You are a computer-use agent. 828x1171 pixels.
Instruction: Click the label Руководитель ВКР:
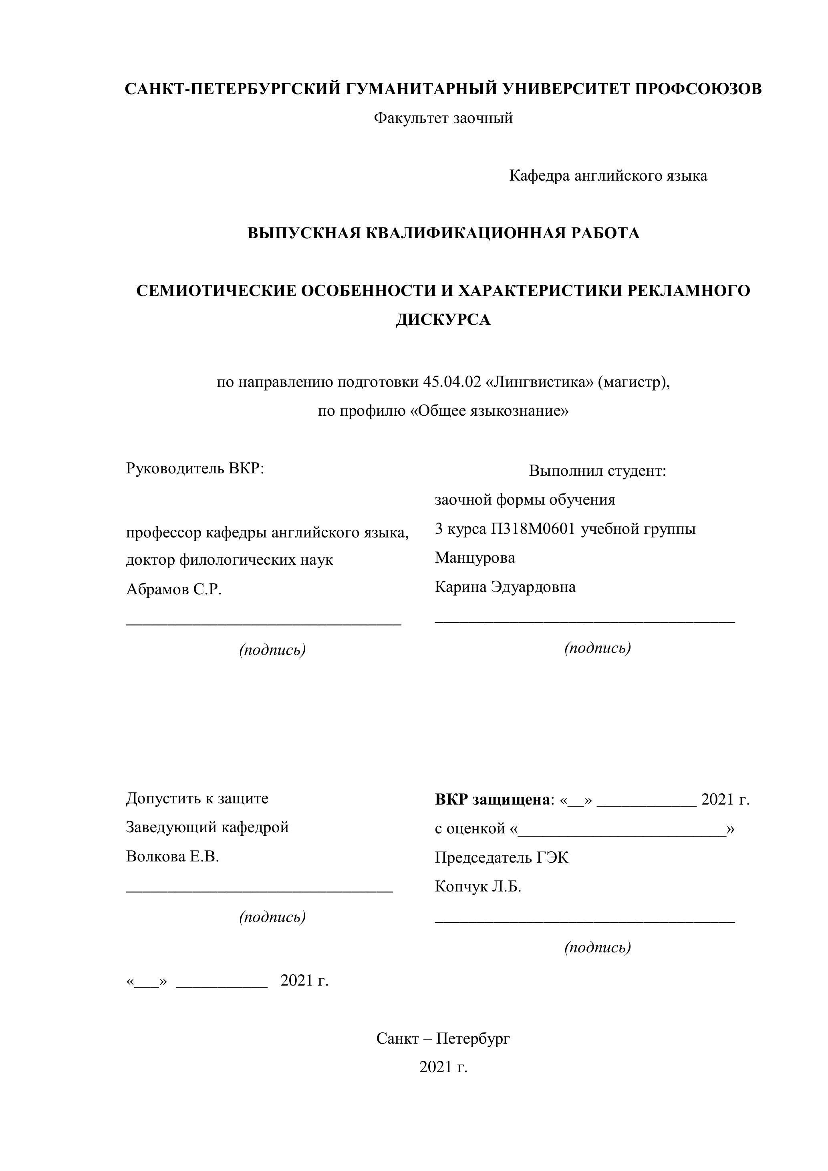pyautogui.click(x=195, y=468)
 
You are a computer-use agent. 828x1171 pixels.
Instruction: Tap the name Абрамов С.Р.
pyautogui.click(x=173, y=590)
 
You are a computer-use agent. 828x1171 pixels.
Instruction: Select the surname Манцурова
pyautogui.click(x=474, y=557)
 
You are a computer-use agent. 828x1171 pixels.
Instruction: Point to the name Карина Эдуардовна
pyautogui.click(x=505, y=587)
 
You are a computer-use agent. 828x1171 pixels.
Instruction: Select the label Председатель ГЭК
pyautogui.click(x=501, y=857)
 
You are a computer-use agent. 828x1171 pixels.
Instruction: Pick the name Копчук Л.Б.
pyautogui.click(x=477, y=886)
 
